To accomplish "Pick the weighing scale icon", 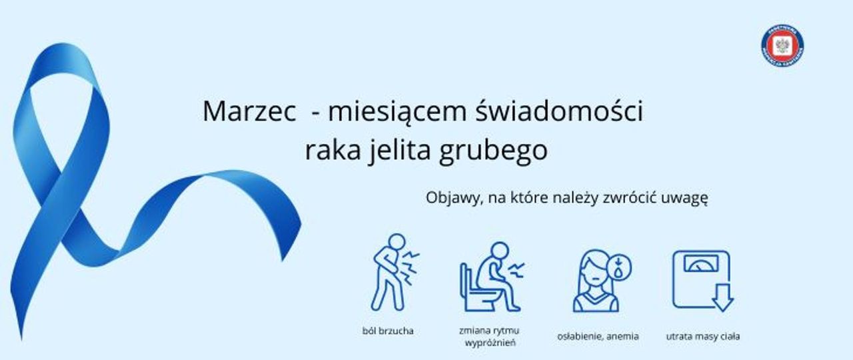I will coord(700,278).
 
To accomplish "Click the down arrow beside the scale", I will coord(722,297).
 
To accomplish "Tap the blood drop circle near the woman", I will coord(620,269).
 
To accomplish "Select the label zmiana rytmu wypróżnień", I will coord(489,337).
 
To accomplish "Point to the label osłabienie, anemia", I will coord(597,337).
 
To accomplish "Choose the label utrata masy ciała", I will coord(702,337).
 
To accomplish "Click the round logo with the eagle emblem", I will coord(782,47).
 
